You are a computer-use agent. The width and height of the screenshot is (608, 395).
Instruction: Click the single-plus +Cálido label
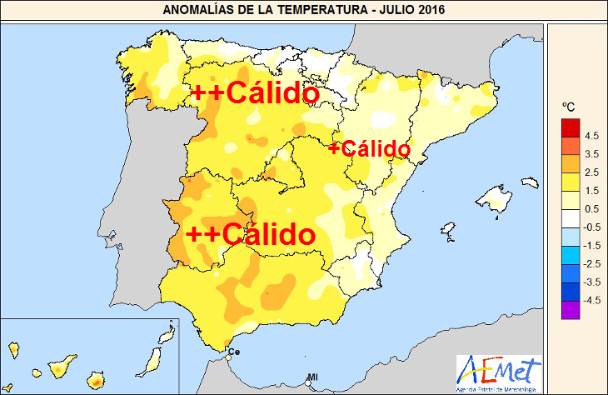tap(369, 149)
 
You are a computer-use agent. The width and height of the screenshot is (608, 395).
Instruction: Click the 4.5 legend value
tap(591, 135)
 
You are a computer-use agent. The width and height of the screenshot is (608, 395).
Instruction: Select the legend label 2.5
tap(591, 172)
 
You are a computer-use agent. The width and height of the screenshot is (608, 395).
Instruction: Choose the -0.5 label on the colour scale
tap(591, 227)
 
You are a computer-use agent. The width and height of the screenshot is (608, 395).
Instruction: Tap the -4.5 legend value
tap(591, 300)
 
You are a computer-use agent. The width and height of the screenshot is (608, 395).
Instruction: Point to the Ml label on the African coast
tap(312, 377)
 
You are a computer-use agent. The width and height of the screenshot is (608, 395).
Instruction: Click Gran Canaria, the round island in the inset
tap(98, 381)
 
